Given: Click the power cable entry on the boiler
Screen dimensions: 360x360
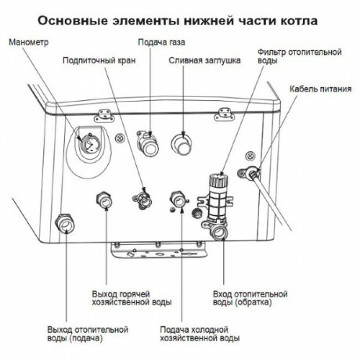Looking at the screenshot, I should click(x=255, y=174).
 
